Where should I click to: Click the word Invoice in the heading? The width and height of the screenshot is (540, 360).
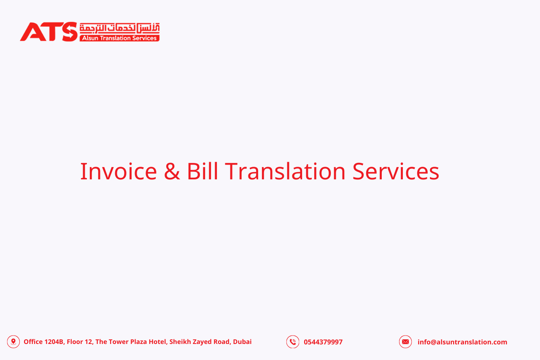click(x=119, y=171)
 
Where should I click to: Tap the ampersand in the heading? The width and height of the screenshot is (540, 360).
click(x=172, y=171)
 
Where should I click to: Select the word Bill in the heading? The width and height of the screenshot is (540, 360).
click(x=202, y=171)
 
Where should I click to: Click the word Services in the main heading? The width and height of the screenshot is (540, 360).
click(x=396, y=171)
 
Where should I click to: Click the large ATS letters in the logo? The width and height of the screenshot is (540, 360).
click(x=49, y=32)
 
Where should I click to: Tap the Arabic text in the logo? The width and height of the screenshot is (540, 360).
click(x=119, y=28)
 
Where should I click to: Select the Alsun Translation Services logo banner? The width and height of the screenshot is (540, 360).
click(x=119, y=38)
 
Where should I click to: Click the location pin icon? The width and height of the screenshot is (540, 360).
click(x=13, y=342)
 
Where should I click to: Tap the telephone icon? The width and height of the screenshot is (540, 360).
click(x=293, y=342)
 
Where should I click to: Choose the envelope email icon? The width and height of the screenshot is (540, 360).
click(x=405, y=342)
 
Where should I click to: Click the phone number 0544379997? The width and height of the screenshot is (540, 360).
click(x=323, y=342)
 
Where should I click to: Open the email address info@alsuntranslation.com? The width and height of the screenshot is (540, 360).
click(x=462, y=342)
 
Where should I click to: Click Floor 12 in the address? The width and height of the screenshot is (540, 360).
click(x=80, y=342)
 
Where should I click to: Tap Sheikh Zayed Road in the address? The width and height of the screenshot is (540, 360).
click(x=200, y=342)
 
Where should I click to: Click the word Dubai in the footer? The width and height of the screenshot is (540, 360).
click(x=242, y=342)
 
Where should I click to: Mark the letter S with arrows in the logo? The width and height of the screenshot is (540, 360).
click(x=70, y=32)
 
